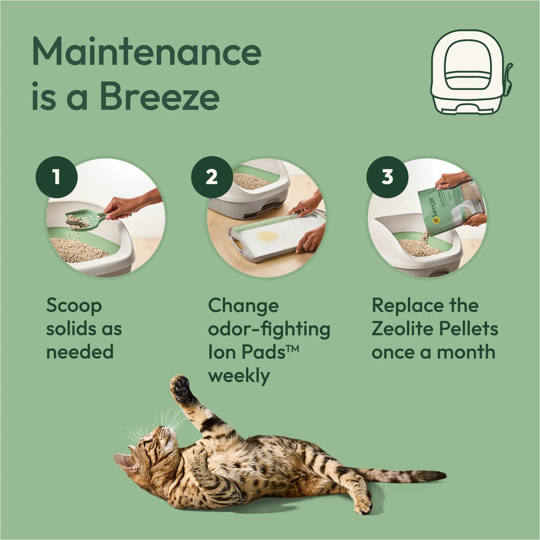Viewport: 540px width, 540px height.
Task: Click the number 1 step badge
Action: [x=56, y=177]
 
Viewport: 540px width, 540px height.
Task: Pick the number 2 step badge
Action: [x=211, y=177]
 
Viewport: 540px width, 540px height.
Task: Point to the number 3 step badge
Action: [x=387, y=177]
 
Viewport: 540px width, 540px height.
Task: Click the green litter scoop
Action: [x=83, y=220]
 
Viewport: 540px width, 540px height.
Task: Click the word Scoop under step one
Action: [x=74, y=306]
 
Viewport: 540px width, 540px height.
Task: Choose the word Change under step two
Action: [x=243, y=306]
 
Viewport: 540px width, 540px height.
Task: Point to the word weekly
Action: [x=238, y=376]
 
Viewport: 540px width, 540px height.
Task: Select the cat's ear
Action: [x=124, y=462]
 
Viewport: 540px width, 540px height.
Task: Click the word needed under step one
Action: [x=80, y=352]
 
